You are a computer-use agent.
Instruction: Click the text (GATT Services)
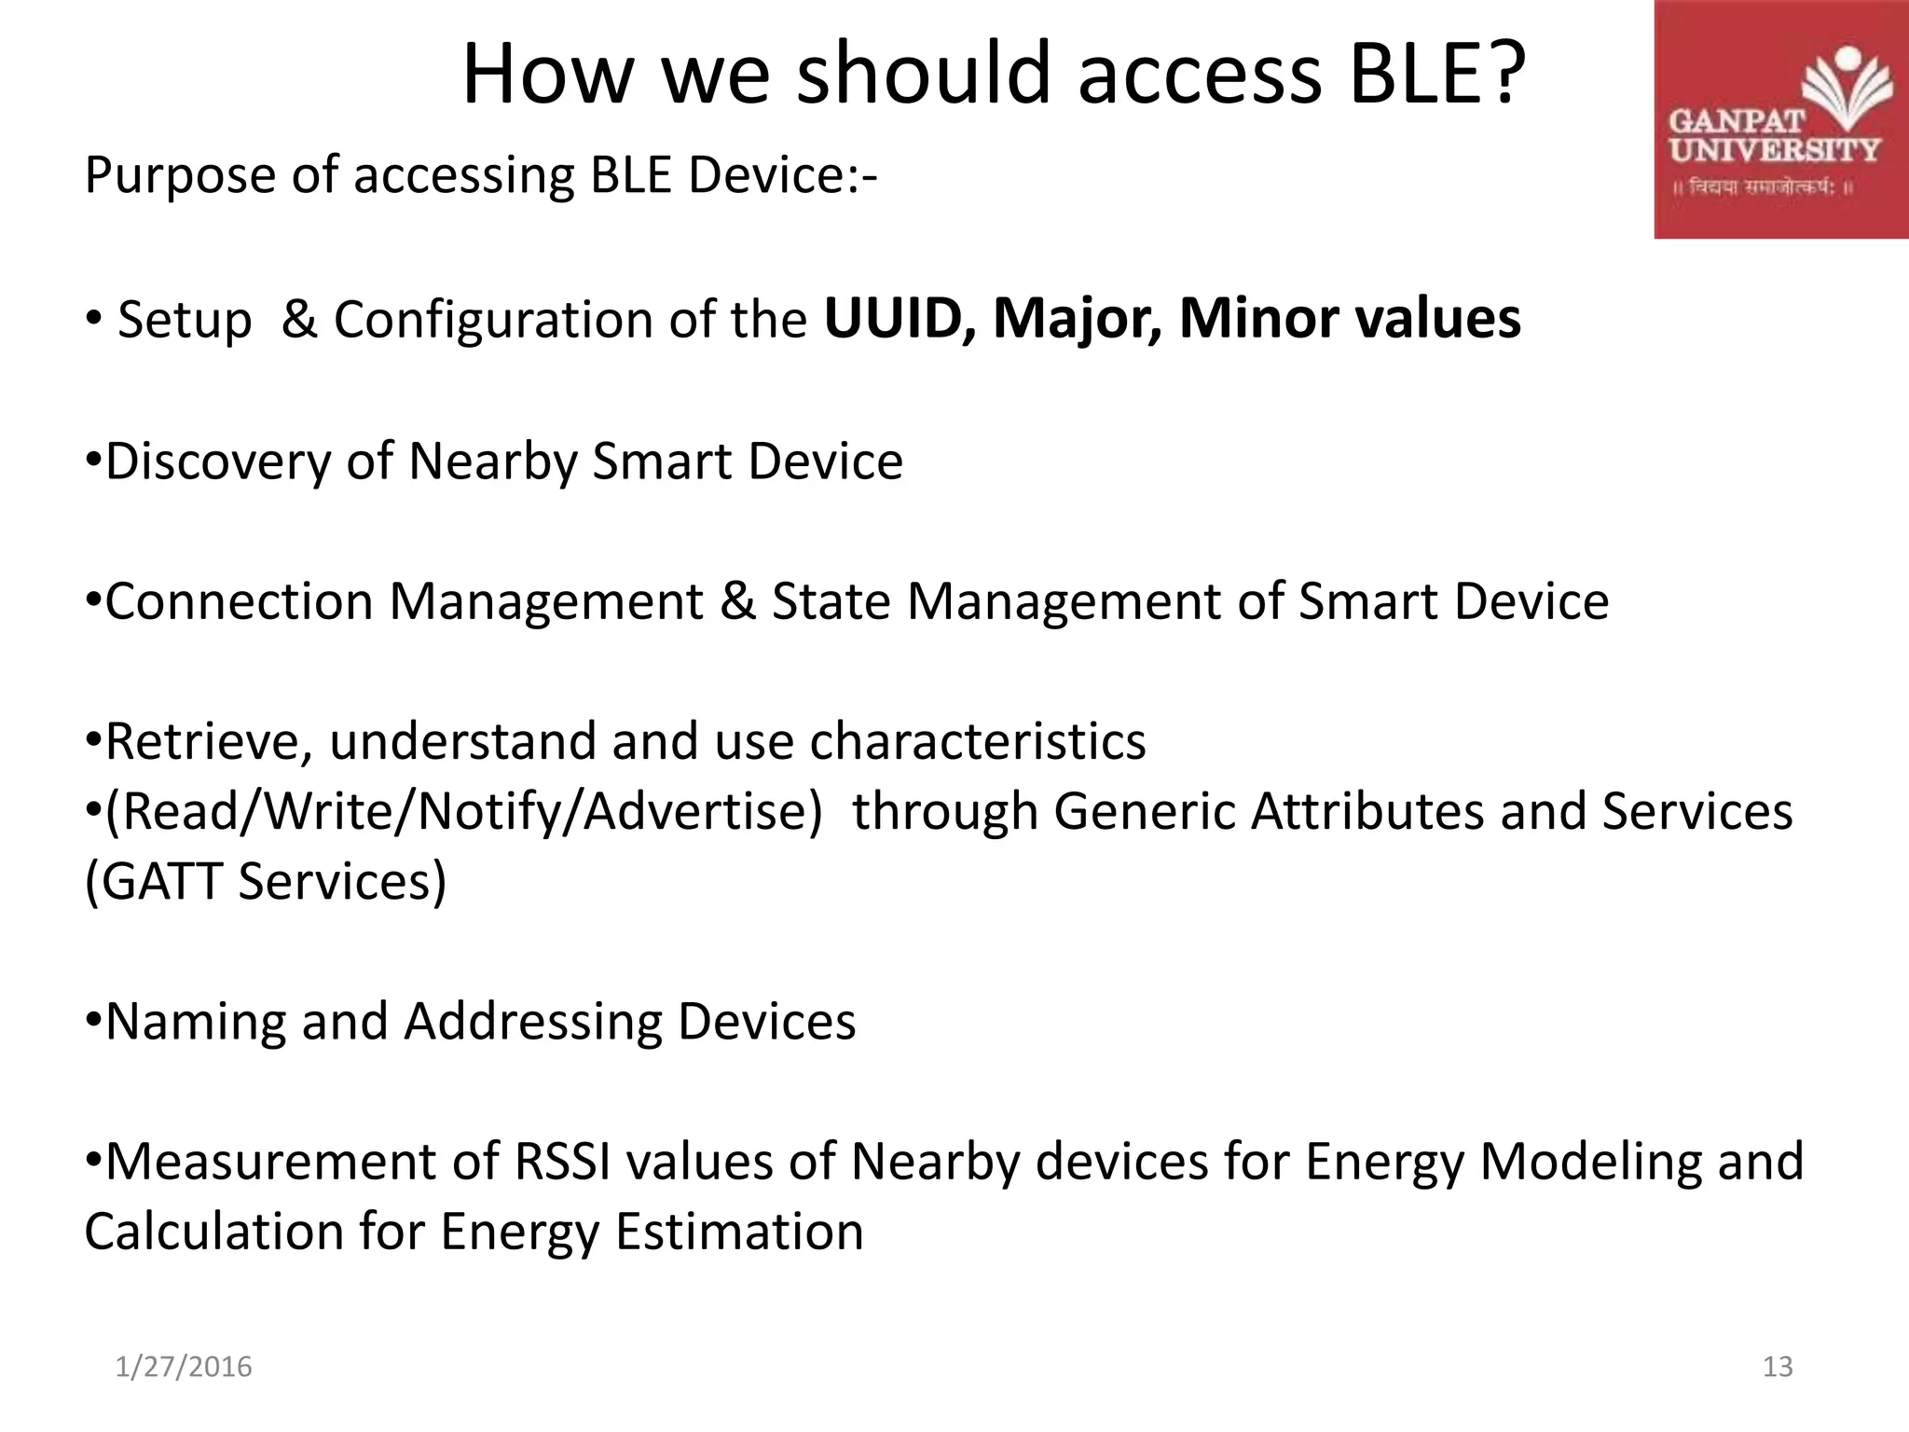[266, 881]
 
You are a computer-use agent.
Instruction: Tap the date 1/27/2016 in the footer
[184, 1367]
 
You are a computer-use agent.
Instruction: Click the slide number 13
[1778, 1367]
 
